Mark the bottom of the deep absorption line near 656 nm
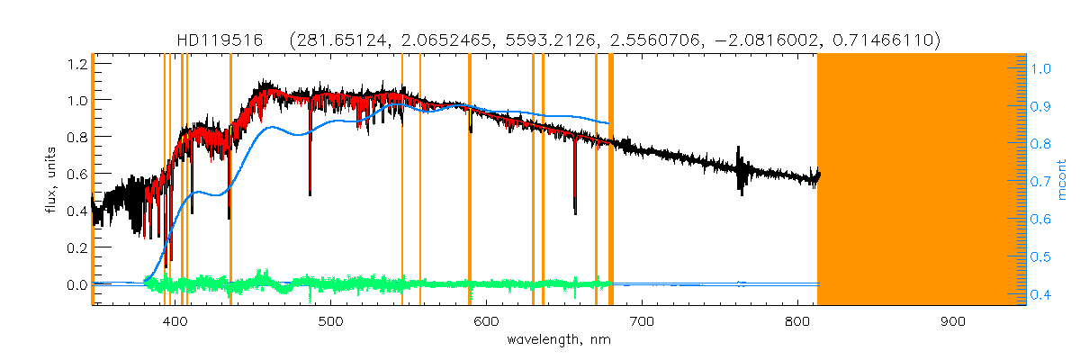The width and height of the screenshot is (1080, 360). (x=575, y=212)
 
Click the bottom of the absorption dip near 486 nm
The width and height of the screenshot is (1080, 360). (x=310, y=193)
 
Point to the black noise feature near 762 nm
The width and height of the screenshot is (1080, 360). (x=740, y=171)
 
